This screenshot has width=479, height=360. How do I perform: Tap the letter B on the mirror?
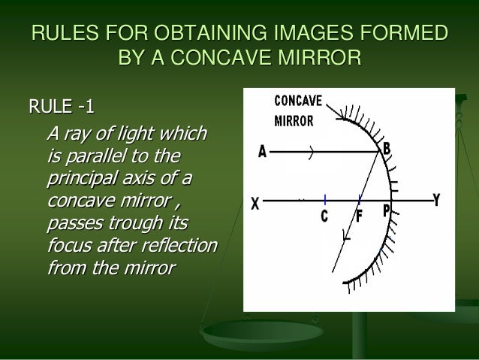(387, 149)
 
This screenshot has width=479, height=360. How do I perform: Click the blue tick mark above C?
(325, 200)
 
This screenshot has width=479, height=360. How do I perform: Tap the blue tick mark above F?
(360, 200)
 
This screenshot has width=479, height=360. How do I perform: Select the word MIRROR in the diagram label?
(294, 119)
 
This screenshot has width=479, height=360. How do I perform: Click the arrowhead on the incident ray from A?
(310, 152)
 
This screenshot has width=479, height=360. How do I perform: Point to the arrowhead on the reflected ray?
(347, 236)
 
